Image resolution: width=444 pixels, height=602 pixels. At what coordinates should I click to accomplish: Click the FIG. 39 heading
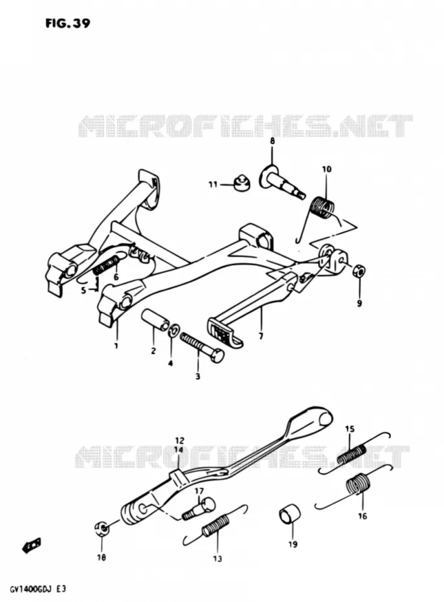68,23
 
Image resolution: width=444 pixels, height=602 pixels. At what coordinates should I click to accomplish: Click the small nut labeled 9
359,271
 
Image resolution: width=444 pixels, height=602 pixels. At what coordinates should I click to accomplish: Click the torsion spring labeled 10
322,209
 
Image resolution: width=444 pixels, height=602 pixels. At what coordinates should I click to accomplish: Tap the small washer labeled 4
175,329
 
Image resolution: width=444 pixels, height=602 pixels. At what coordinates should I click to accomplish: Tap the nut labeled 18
102,529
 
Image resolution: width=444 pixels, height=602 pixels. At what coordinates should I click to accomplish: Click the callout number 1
115,346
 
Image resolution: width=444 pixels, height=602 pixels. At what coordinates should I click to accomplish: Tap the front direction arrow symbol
32,546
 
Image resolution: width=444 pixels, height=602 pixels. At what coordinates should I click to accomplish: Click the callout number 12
179,441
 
